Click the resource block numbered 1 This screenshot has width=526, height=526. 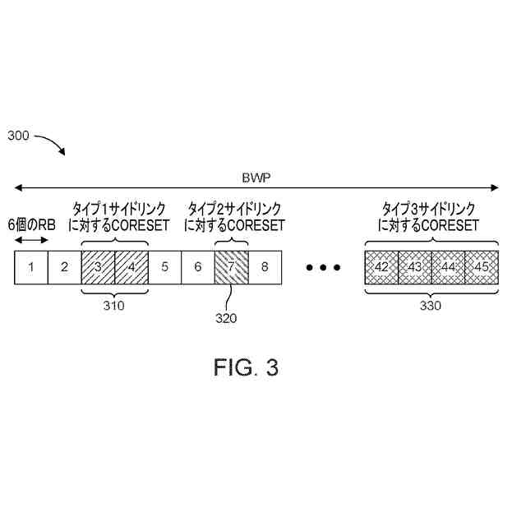(x=31, y=267)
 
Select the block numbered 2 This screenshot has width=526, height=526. (x=64, y=267)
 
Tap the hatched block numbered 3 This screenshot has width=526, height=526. (x=98, y=267)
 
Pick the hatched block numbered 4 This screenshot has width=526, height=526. (x=131, y=267)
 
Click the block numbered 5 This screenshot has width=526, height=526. (x=164, y=267)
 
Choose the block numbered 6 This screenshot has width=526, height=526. (x=197, y=267)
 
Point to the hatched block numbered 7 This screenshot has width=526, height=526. (x=231, y=267)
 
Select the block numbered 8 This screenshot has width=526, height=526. (x=265, y=267)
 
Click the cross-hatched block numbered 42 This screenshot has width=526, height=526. (x=381, y=267)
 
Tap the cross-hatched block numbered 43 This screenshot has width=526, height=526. (x=415, y=267)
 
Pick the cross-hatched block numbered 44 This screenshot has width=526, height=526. (x=448, y=267)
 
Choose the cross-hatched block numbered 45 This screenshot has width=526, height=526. (x=482, y=267)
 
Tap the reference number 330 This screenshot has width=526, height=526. (x=430, y=307)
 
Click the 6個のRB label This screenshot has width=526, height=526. (x=32, y=224)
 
